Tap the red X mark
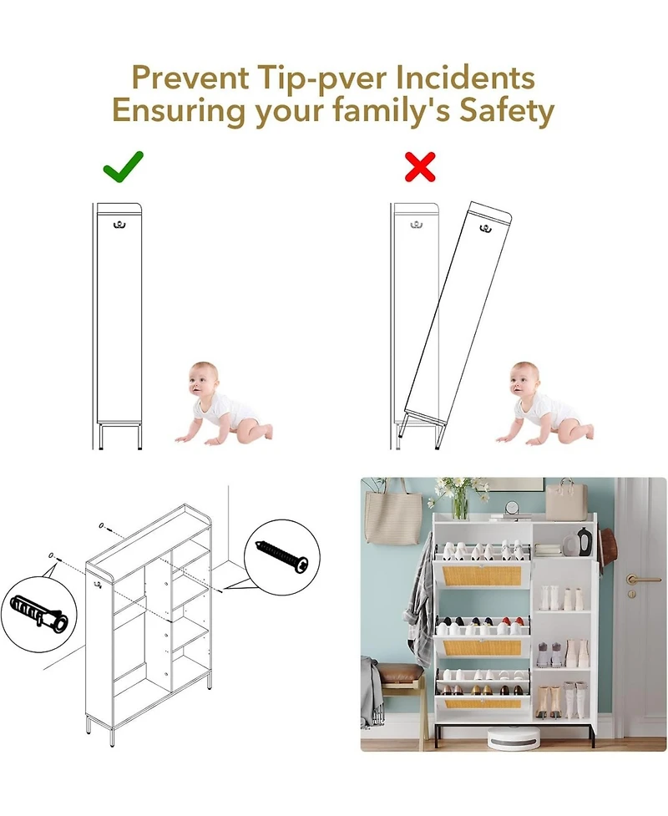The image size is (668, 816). pyautogui.click(x=420, y=166)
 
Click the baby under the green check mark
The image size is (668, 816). pyautogui.click(x=221, y=402)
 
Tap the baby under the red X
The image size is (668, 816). pyautogui.click(x=542, y=403)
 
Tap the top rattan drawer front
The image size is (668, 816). pyautogui.click(x=480, y=575)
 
